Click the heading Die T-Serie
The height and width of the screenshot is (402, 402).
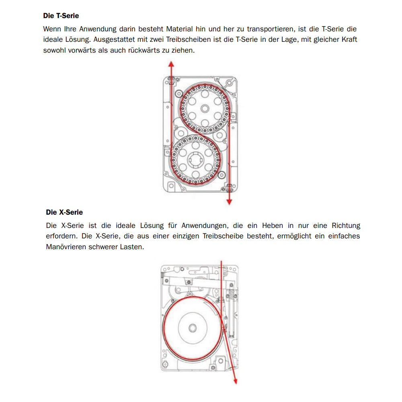[61, 16]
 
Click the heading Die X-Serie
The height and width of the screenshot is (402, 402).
[64, 212]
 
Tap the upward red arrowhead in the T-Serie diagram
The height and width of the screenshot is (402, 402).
[171, 64]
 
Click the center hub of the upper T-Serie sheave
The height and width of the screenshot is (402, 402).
[204, 108]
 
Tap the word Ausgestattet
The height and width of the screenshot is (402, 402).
[115, 40]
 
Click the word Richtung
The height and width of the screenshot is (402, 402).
[346, 225]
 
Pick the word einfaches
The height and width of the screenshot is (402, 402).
[343, 236]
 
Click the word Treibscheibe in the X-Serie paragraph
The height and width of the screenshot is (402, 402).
[223, 236]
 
